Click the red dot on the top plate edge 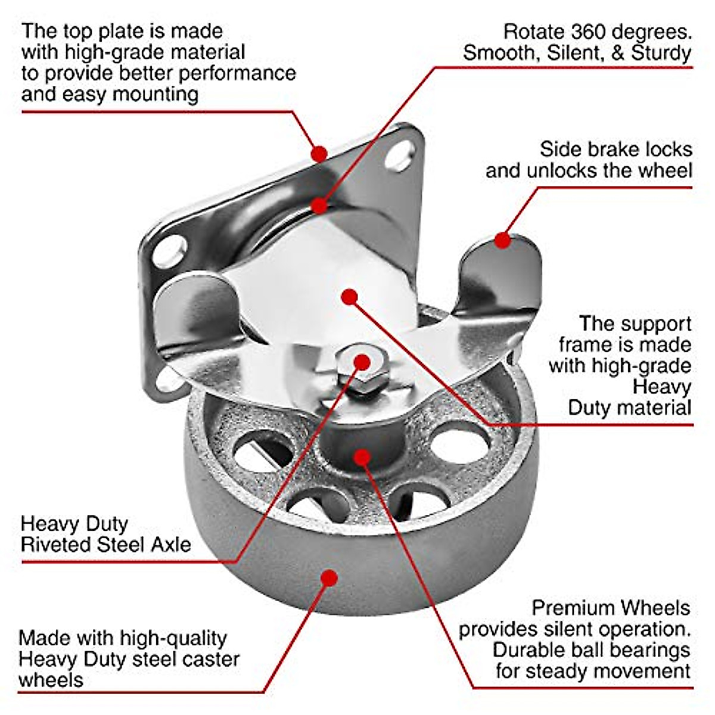(x=320, y=154)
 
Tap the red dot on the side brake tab (x=503, y=241)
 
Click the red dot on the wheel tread (x=328, y=577)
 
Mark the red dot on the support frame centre (x=350, y=296)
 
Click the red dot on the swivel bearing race (x=320, y=206)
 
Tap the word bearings (x=648, y=650)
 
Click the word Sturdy (x=661, y=52)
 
